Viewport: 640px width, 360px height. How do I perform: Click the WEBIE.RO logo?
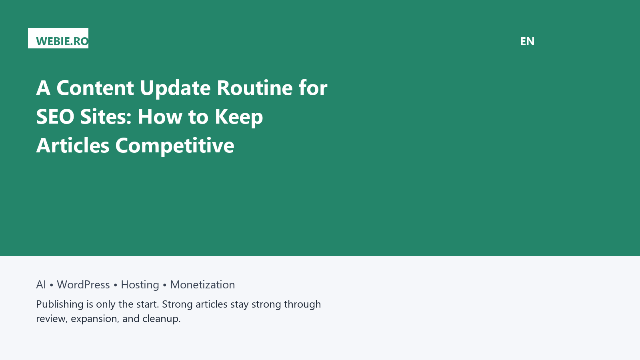58,38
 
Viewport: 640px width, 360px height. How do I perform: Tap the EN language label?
527,42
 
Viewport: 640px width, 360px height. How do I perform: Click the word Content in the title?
95,88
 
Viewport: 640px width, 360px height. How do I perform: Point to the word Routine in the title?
254,88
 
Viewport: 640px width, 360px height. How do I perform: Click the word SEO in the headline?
55,116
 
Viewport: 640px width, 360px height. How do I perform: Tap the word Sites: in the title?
106,116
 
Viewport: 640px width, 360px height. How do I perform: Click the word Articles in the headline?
73,146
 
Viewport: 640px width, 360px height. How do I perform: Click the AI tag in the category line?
41,284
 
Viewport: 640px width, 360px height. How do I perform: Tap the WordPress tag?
83,284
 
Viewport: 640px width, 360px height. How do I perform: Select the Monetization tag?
202,284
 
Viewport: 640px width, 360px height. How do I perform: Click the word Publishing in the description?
60,304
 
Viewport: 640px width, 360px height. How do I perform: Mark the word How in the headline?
160,116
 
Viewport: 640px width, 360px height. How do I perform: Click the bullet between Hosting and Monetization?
164,285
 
